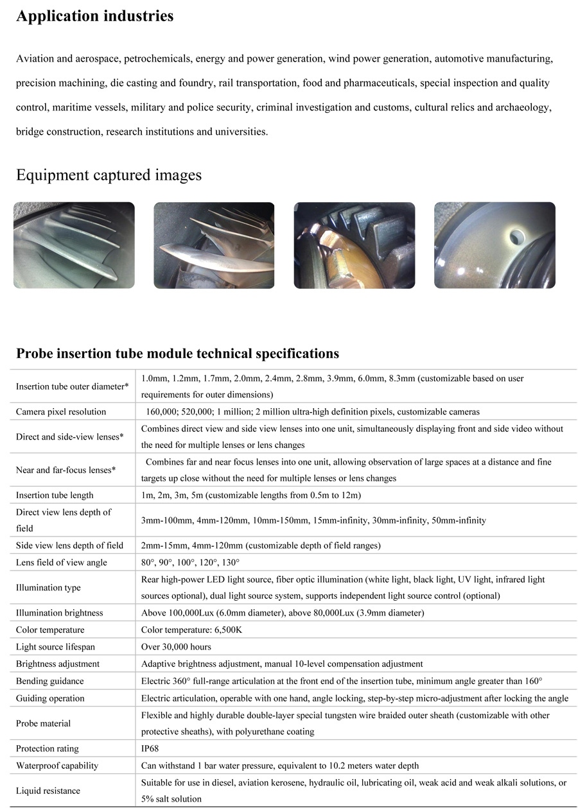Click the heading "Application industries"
pyautogui.click(x=94, y=17)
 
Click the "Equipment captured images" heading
pyautogui.click(x=109, y=175)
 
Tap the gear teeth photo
pyautogui.click(x=354, y=245)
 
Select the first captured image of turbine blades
pyautogui.click(x=74, y=245)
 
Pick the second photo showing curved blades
pyautogui.click(x=214, y=245)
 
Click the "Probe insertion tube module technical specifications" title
pyautogui.click(x=177, y=354)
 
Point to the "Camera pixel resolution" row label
pyautogui.click(x=61, y=411)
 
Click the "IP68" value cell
pyautogui.click(x=151, y=748)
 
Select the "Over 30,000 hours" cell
pyautogui.click(x=176, y=647)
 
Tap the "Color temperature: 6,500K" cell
pyautogui.click(x=191, y=630)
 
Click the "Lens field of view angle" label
pyautogui.click(x=62, y=562)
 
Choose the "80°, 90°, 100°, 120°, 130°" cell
pyautogui.click(x=190, y=562)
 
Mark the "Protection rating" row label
pyautogui.click(x=48, y=748)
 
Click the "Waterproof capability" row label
pyautogui.click(x=57, y=765)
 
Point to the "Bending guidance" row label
pyautogui.click(x=49, y=681)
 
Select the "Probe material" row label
pyautogui.click(x=43, y=723)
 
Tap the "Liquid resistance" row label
pyautogui.click(x=48, y=791)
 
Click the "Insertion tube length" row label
pyautogui.click(x=55, y=495)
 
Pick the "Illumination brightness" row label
pyautogui.click(x=59, y=613)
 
